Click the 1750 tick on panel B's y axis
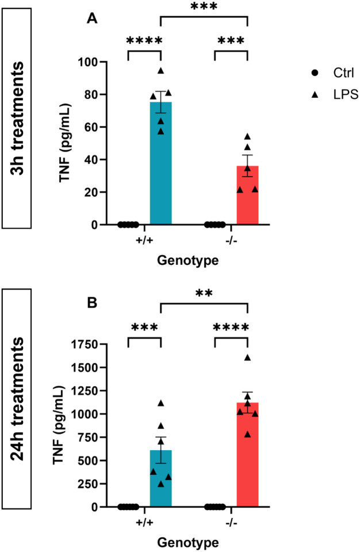click(x=99, y=344)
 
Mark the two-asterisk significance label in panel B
click(x=204, y=293)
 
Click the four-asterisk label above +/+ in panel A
click(x=144, y=41)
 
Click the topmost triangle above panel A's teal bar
click(x=161, y=71)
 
